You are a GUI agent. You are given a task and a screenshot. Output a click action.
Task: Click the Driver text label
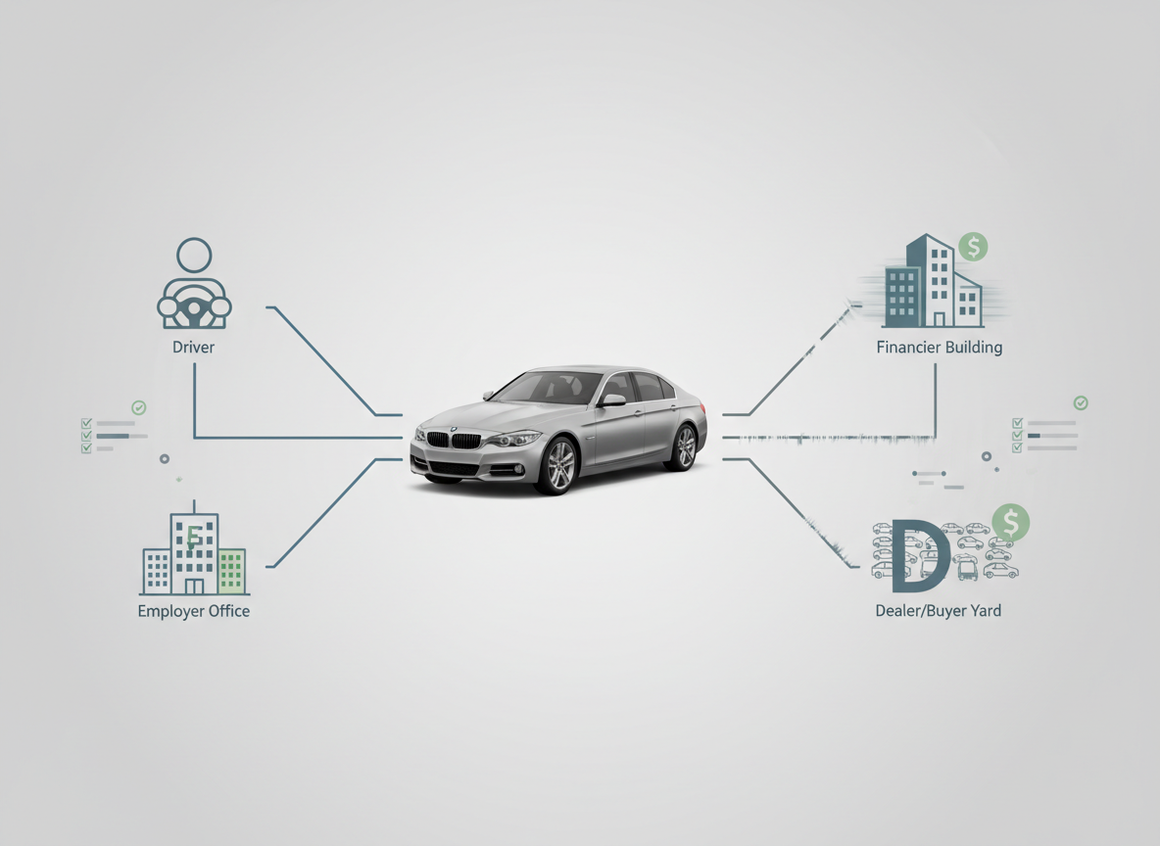193,347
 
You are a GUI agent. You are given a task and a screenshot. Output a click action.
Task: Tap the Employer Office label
194,611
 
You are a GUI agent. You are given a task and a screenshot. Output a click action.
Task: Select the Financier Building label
939,347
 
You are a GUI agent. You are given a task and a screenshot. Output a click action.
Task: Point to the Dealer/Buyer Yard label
938,611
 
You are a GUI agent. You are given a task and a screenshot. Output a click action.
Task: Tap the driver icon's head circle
194,256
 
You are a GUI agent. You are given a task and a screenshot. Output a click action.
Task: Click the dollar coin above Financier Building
973,247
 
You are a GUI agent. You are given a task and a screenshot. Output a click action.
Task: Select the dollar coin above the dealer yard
1011,522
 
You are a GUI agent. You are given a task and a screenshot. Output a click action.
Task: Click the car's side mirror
614,399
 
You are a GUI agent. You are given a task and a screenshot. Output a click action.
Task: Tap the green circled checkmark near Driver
139,406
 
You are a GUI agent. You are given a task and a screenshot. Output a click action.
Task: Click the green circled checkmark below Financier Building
1081,402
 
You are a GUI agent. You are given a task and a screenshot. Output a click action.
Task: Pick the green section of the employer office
231,571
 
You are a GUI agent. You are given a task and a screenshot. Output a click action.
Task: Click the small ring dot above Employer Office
165,458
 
